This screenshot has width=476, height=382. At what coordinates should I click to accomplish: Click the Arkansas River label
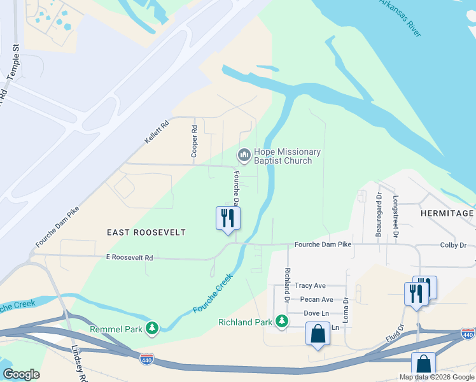pos(400,18)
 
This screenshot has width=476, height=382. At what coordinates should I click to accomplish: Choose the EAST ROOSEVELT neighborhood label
pos(147,232)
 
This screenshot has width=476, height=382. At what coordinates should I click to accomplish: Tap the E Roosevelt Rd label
pos(130,258)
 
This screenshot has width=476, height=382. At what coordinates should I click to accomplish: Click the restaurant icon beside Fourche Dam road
pos(228,218)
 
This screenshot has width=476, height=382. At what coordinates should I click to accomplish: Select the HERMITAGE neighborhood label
pos(447,213)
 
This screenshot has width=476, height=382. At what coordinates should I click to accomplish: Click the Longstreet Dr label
pos(396,217)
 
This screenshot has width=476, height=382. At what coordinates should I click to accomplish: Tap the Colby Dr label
pos(453,245)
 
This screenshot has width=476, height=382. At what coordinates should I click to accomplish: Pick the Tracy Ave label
pos(310,286)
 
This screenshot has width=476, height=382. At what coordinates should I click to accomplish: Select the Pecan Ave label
pos(317,299)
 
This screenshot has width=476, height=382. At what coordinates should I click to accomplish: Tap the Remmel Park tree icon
pos(151,328)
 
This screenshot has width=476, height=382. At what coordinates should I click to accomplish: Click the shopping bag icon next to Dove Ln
pos(318,333)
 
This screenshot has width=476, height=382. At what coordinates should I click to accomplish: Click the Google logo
pos(20,374)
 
